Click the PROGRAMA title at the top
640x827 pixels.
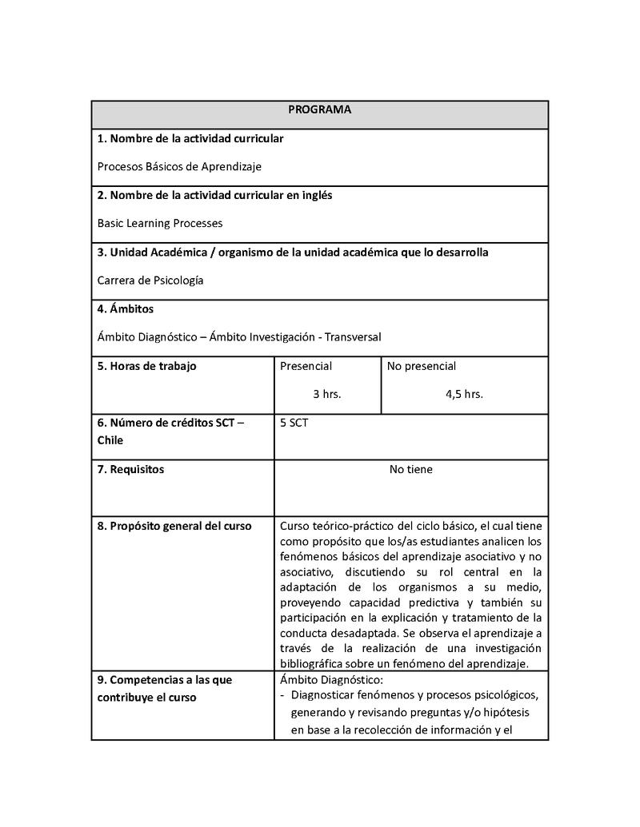(319, 110)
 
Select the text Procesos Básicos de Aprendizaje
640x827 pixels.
(179, 167)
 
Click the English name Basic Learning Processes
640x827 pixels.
(160, 224)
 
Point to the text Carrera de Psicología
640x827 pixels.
(150, 280)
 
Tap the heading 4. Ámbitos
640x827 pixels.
(126, 309)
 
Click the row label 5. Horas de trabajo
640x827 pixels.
(146, 366)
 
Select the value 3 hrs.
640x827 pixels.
(326, 394)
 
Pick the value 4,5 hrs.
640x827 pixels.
(464, 394)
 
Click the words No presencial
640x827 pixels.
(422, 366)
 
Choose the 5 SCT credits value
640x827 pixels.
(294, 423)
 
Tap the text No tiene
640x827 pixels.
(410, 470)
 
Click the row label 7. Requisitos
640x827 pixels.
(130, 470)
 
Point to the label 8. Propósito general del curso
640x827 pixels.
(174, 526)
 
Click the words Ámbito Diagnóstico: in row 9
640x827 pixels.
(332, 680)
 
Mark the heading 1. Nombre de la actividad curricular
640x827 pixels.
(190, 139)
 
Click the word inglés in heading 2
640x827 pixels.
(315, 196)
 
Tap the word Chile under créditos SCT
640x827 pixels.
(110, 440)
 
